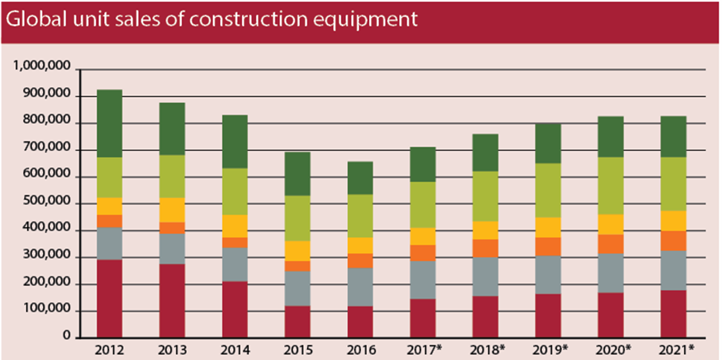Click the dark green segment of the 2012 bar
pos(109,123)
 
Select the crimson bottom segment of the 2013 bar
pos(172,300)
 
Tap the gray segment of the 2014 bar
pos(235,264)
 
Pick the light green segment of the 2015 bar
pos(297,218)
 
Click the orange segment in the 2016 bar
pos(360,261)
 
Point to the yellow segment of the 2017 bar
pos(423,236)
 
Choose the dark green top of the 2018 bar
pos(485,152)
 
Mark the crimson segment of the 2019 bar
pos(548,315)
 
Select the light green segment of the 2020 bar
pos(611,186)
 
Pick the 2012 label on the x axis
pos(109,349)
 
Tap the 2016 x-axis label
pos(360,349)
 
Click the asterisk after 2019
pos(564,347)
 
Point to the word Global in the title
pos(33,19)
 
